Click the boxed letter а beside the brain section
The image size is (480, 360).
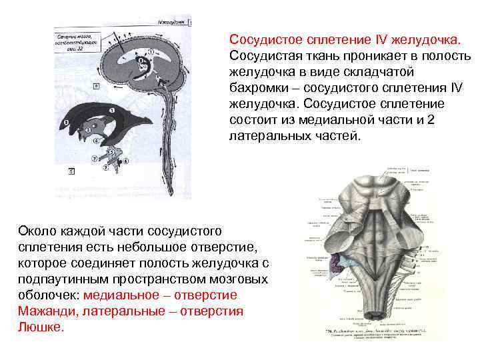[97, 85]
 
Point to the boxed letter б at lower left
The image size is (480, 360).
[71, 171]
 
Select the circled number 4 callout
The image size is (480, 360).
[96, 141]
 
